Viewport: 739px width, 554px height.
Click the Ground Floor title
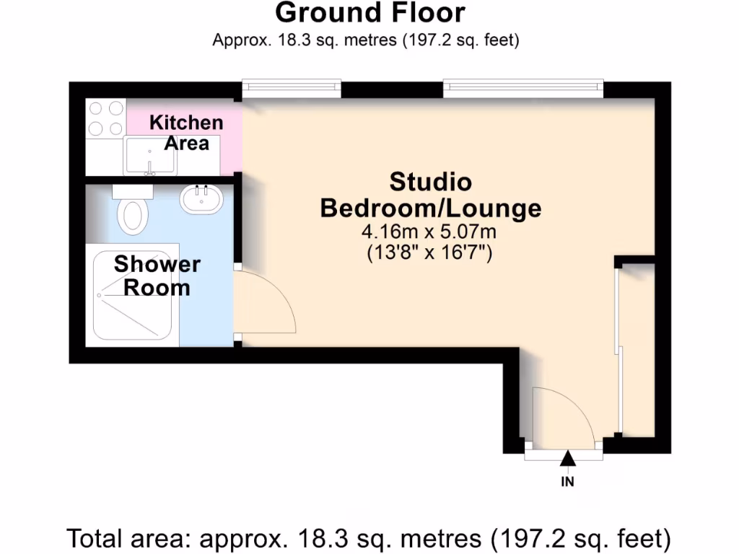[369, 13]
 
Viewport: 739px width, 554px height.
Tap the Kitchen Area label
[186, 133]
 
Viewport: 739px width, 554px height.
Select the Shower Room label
[157, 276]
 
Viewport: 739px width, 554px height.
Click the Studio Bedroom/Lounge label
[430, 195]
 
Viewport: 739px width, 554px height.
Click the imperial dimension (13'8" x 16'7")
[430, 253]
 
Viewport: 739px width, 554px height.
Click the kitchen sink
[150, 156]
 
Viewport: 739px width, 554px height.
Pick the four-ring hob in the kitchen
[105, 118]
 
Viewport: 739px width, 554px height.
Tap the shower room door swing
[266, 303]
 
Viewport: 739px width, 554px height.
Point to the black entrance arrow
[568, 458]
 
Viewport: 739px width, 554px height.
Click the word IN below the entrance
[568, 482]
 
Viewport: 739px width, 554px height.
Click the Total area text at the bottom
[369, 538]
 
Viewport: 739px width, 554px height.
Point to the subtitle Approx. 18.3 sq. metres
[366, 40]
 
